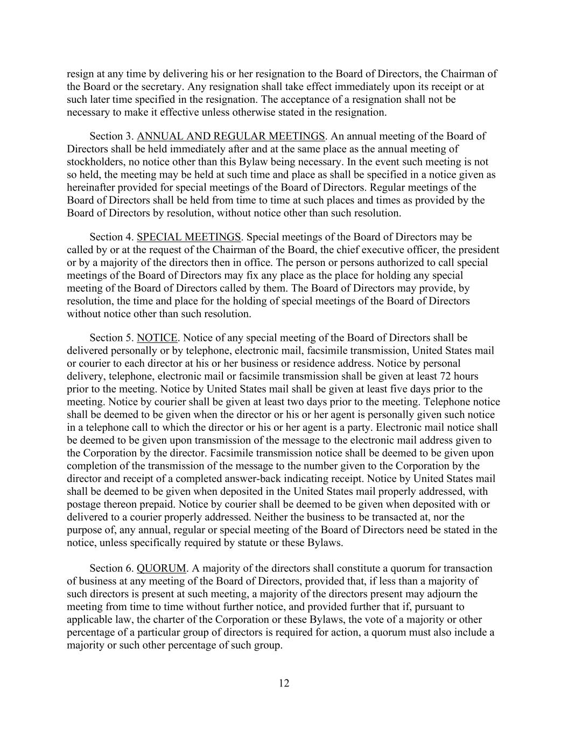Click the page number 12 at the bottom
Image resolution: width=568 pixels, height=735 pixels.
coord(284,683)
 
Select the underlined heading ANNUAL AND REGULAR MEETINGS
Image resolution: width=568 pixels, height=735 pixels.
coord(231,136)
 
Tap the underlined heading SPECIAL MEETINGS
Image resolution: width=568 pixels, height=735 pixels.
coord(188,237)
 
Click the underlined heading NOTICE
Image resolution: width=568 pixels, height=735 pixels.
coord(157,338)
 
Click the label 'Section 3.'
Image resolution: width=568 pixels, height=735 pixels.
coord(111,136)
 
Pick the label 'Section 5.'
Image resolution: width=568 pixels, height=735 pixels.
coord(111,338)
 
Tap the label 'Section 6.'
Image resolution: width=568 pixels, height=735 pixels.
coord(111,569)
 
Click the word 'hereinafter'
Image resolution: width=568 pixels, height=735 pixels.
coord(94,187)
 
